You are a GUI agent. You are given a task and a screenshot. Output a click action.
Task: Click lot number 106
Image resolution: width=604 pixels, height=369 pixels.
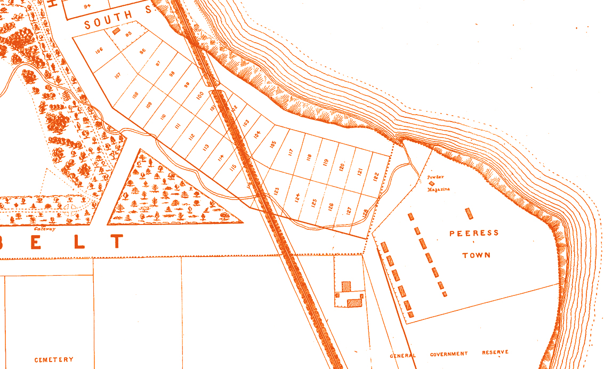(99, 51)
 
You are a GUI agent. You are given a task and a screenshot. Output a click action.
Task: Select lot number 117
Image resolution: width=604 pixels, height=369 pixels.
(291, 153)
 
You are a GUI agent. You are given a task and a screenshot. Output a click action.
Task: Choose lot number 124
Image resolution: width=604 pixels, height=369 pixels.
(297, 198)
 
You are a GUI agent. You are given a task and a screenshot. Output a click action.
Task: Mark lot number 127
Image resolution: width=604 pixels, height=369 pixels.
(349, 210)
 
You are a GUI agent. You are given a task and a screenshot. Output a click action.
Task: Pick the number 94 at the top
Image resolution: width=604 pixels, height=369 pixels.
(87, 6)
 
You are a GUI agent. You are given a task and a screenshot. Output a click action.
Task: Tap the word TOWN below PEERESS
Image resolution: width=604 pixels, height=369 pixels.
(476, 255)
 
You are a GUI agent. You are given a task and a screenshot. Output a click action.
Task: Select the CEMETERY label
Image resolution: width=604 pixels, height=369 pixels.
(54, 360)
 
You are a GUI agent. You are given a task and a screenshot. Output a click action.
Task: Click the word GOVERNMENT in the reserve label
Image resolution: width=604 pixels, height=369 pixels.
(449, 354)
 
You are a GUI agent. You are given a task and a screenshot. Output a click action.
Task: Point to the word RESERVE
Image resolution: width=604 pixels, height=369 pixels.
(495, 352)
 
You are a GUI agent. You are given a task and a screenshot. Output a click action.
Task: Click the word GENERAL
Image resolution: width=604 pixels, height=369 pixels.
(403, 356)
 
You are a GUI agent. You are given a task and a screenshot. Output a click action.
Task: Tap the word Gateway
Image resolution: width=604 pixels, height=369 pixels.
(45, 229)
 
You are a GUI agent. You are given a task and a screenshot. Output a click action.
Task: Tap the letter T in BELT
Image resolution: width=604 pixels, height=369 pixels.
(117, 242)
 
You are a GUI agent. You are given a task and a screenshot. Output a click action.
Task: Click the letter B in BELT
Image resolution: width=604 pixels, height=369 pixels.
(6, 242)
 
